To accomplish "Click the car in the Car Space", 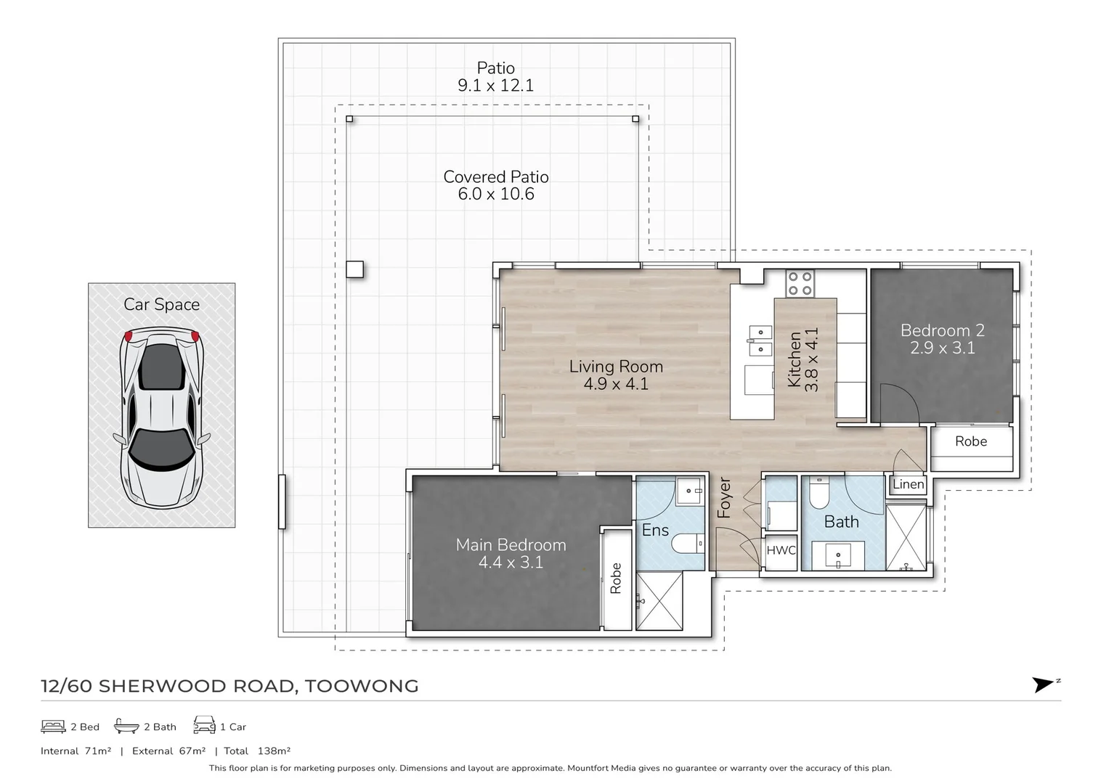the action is point(162,418).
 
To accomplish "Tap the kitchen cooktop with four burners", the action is point(800,283).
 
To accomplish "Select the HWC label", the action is point(781,550).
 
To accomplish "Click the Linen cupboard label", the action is point(909,484).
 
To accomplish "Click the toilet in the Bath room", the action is point(819,493).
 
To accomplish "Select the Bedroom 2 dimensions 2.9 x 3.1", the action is point(942,348).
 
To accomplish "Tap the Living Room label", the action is point(616,367).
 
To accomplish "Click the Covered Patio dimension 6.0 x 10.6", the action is point(496,194).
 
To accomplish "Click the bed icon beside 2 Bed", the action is point(53,727).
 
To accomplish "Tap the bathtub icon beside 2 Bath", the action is point(126,726).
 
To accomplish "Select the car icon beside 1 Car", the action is point(205,725).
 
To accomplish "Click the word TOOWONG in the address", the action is point(362,686).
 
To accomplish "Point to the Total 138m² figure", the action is point(257,751).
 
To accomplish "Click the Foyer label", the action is point(725,497).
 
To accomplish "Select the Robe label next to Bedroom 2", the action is point(971,441).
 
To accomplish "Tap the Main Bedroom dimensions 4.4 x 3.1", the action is point(511,562).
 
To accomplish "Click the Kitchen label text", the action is point(795,359).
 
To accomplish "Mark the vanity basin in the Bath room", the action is point(838,555).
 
